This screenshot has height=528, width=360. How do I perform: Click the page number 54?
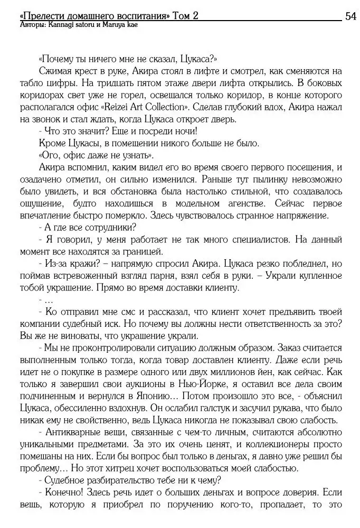[x=350, y=16]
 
